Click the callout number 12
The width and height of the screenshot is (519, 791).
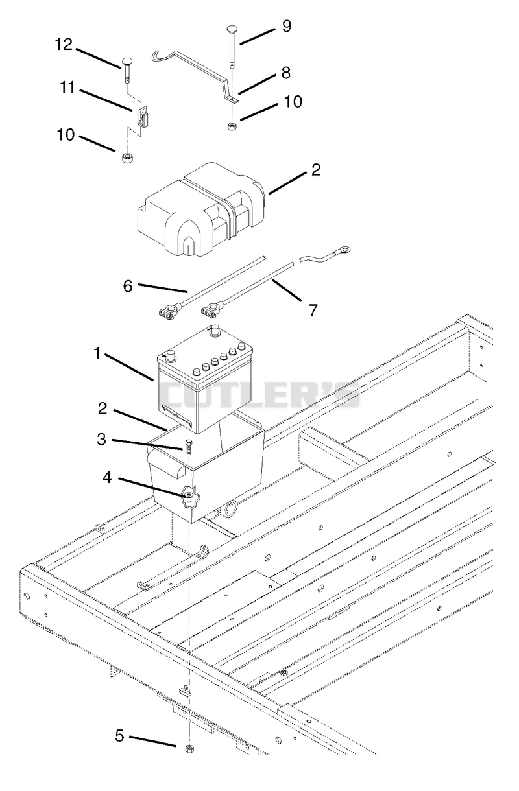64,45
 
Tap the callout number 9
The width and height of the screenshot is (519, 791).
287,26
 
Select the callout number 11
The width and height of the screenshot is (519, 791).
67,88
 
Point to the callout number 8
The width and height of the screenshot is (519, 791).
286,73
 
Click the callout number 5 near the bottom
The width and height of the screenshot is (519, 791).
120,735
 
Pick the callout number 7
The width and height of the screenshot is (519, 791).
313,310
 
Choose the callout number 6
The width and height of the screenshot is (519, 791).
128,286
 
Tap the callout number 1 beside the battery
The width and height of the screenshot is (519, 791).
97,353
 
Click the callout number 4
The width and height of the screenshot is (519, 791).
107,477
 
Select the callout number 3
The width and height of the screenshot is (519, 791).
101,440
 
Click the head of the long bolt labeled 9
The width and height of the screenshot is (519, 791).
232,29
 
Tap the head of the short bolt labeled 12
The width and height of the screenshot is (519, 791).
127,61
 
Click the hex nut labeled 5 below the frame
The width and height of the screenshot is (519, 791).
189,748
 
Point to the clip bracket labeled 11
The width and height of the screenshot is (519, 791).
143,116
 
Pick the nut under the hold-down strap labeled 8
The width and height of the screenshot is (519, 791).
232,126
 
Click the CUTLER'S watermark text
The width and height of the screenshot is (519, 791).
260,395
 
